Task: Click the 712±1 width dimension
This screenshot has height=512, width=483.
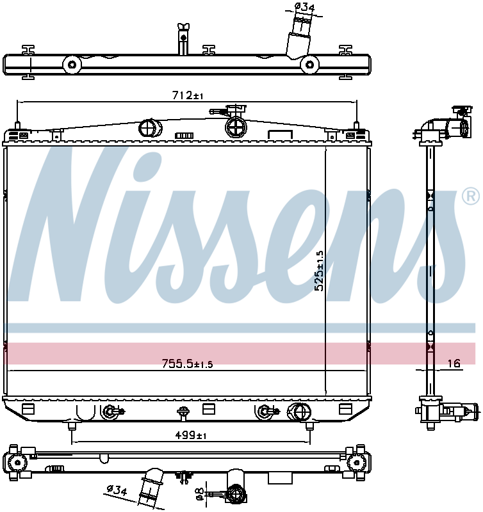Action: coord(188,95)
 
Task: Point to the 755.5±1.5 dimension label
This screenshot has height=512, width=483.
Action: coord(187,364)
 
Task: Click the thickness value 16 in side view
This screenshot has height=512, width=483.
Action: coord(454,364)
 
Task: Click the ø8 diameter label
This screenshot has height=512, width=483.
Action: coord(199,493)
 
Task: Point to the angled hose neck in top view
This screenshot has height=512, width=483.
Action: coord(299,39)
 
